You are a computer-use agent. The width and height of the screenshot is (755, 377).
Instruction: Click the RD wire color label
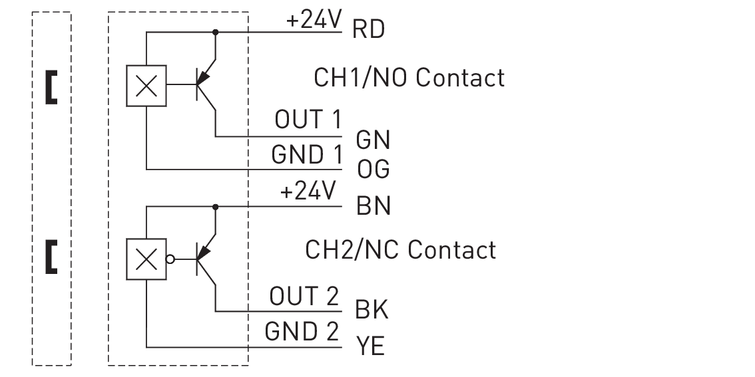pyautogui.click(x=369, y=30)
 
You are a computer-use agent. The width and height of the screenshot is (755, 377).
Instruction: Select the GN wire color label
pyautogui.click(x=373, y=140)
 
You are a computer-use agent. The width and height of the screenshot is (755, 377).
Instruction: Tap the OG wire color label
pyautogui.click(x=373, y=170)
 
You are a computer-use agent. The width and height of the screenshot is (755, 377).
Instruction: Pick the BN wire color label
pyautogui.click(x=374, y=206)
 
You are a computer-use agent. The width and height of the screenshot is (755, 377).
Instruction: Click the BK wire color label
pyautogui.click(x=372, y=310)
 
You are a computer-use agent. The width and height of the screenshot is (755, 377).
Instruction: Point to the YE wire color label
pyautogui.click(x=371, y=346)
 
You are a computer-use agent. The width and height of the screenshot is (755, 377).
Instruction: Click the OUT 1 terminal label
pyautogui.click(x=308, y=120)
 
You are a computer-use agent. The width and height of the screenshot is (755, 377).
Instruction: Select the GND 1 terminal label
pyautogui.click(x=306, y=155)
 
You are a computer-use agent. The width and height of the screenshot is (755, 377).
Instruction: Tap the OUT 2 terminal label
pyautogui.click(x=304, y=296)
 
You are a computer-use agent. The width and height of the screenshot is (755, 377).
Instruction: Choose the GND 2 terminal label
pyautogui.click(x=302, y=331)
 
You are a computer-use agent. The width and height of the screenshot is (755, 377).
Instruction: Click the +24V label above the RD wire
pyautogui.click(x=314, y=21)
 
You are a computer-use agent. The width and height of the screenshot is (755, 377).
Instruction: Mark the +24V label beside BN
pyautogui.click(x=308, y=192)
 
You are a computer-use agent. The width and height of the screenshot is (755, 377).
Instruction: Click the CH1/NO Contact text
pyautogui.click(x=409, y=78)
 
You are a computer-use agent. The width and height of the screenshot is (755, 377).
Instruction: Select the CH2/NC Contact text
pyautogui.click(x=400, y=250)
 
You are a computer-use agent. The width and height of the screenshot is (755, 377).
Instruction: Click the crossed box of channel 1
pyautogui.click(x=146, y=86)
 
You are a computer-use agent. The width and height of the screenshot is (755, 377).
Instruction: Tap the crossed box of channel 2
pyautogui.click(x=146, y=259)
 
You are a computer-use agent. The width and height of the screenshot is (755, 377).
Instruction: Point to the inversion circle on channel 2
pyautogui.click(x=170, y=259)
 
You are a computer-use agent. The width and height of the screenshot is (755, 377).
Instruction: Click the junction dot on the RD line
pyautogui.click(x=215, y=31)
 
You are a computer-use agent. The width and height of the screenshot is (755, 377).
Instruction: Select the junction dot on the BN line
pyautogui.click(x=215, y=207)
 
